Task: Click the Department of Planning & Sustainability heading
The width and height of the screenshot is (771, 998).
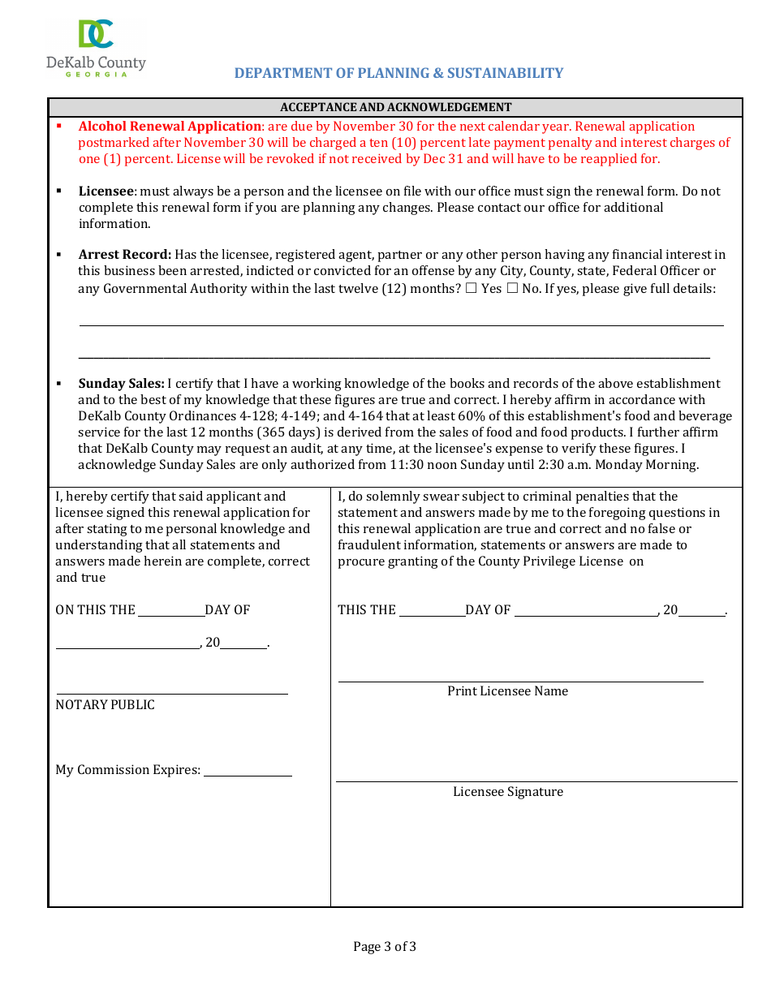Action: tap(398, 73)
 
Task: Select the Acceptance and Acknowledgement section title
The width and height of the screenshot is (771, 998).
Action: tap(395, 107)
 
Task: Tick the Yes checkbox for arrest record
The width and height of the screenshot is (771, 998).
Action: tap(471, 289)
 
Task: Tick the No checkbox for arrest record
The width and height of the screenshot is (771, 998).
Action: tap(512, 289)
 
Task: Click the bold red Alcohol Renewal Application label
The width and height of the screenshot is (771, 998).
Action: tap(170, 127)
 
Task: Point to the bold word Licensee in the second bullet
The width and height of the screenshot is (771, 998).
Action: tap(106, 191)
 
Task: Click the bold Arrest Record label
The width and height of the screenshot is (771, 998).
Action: tap(124, 255)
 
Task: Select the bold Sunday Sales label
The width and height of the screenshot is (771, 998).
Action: tap(121, 384)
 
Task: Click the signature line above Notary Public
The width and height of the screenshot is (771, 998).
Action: tap(171, 692)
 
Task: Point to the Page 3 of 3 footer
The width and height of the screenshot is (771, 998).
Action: tap(385, 946)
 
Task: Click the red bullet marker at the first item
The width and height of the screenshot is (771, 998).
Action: tap(59, 127)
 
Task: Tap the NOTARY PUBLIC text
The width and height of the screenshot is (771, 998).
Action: tap(105, 705)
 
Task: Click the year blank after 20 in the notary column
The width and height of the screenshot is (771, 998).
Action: tap(243, 647)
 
